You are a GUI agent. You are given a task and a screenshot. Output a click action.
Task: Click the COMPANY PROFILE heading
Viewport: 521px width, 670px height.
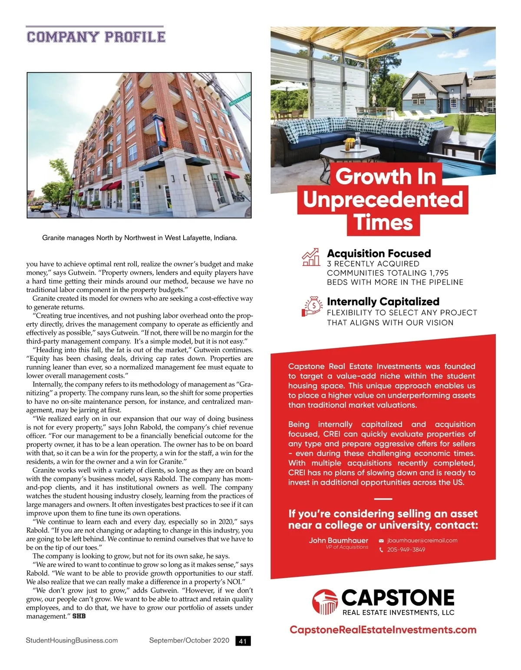96,37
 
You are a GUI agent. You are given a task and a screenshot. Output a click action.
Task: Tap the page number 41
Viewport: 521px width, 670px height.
243,641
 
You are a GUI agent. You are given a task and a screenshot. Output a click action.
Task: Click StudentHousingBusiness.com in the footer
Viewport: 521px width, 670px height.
72,640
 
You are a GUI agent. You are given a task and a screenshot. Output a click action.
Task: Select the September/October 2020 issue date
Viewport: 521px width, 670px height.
189,640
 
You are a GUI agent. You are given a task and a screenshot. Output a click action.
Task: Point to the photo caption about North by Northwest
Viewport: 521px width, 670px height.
139,238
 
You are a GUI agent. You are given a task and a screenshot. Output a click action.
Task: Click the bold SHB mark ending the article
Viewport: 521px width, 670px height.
79,616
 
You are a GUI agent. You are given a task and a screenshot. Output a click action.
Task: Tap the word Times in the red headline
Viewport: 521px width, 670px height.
383,222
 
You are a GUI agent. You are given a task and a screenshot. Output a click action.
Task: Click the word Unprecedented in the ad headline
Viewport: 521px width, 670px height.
383,199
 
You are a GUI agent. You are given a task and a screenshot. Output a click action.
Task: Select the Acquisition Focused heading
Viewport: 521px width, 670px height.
379,253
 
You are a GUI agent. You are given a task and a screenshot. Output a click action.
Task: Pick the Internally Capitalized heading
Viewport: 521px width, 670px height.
383,302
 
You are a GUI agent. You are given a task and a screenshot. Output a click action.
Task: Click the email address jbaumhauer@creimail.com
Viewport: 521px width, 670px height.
422,540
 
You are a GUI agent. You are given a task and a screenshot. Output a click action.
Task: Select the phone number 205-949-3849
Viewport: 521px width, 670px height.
406,550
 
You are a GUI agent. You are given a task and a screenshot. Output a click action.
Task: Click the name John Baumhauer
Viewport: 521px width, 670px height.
338,540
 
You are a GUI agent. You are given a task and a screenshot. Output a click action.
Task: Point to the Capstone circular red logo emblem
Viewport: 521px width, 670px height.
325,602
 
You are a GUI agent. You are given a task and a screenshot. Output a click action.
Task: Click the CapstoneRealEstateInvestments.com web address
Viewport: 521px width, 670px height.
383,630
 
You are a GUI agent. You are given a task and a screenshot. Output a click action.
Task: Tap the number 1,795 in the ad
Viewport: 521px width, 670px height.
439,273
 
